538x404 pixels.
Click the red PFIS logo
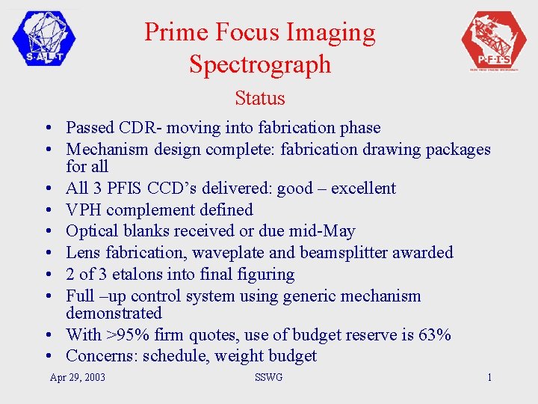(494, 40)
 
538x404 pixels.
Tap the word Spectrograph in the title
(259, 64)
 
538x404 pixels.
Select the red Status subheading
(259, 98)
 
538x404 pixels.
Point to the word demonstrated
(114, 313)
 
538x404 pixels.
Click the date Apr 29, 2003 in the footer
(77, 377)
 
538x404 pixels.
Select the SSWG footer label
(268, 377)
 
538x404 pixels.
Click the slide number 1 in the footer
(489, 377)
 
